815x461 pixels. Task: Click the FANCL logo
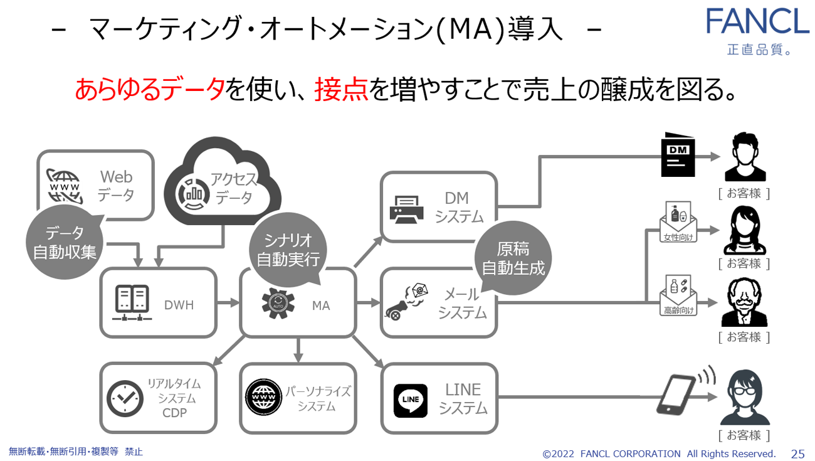point(757,22)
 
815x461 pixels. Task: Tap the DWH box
point(158,303)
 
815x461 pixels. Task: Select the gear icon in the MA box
point(278,303)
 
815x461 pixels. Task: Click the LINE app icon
point(411,400)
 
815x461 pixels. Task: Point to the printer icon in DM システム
point(406,208)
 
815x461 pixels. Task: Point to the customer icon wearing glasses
point(744,398)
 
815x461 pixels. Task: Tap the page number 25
point(797,453)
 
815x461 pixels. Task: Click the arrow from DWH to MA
point(229,302)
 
